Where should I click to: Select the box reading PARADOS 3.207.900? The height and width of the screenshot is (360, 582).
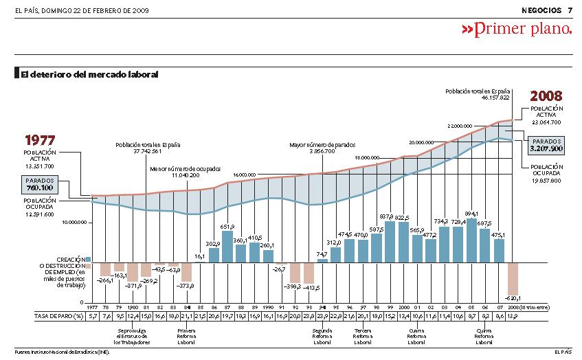[546, 144]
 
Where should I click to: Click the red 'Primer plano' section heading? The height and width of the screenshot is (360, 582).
[516, 29]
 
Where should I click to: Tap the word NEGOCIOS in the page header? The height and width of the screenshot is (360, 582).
[541, 10]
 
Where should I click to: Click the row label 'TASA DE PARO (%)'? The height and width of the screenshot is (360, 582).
[50, 315]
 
